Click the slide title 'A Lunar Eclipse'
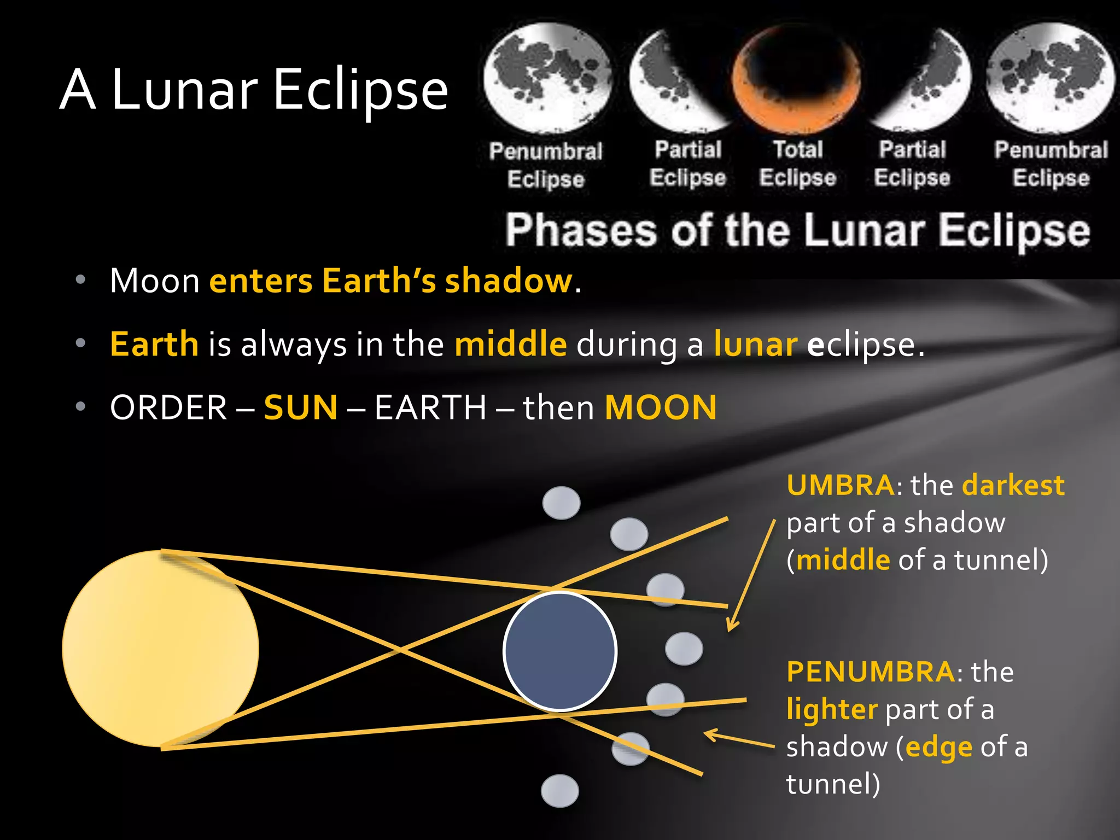point(254,89)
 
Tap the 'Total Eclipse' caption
point(797,163)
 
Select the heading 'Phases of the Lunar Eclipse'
point(797,230)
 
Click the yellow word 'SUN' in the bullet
point(300,407)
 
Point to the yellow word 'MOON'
point(661,407)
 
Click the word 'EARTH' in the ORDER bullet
point(430,407)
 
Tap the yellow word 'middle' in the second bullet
point(511,344)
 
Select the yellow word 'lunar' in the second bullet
point(755,344)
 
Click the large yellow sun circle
point(160,649)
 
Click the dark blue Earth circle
point(560,651)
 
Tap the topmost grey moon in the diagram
point(561,503)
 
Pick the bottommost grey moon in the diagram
point(559,791)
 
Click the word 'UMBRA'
point(840,485)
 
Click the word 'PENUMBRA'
point(871,672)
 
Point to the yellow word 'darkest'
point(1013,485)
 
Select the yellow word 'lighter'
point(832,709)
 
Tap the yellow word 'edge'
point(938,747)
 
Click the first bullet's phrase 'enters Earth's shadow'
point(391,281)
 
